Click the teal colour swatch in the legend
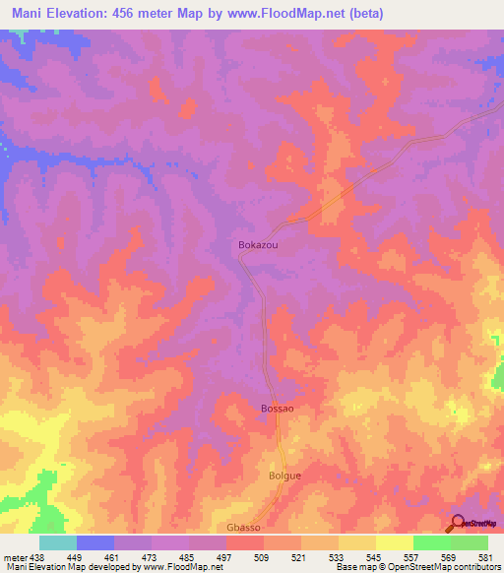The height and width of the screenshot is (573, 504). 58,543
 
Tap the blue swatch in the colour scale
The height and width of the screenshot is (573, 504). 95,543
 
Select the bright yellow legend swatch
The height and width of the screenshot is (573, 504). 395,543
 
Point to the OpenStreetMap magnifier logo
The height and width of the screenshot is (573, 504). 459,522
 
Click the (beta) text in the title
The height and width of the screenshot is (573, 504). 363,14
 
